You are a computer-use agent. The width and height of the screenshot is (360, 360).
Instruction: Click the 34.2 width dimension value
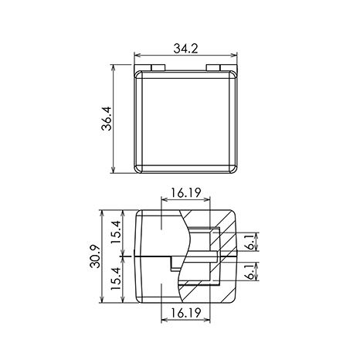click(x=185, y=48)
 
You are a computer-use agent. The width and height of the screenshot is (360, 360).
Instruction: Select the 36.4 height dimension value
click(x=107, y=118)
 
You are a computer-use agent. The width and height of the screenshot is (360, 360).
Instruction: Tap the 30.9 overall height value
click(x=95, y=256)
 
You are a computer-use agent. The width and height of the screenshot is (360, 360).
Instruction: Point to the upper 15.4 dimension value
click(x=116, y=233)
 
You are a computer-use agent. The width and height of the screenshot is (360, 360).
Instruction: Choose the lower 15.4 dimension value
click(x=116, y=278)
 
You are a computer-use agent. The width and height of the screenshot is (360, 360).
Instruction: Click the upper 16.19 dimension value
click(x=185, y=192)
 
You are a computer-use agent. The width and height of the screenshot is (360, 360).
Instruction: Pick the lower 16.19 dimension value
click(x=185, y=313)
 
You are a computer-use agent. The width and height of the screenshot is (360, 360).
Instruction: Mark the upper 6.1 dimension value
click(x=250, y=243)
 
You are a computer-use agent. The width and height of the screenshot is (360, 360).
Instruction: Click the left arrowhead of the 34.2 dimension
click(x=137, y=55)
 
